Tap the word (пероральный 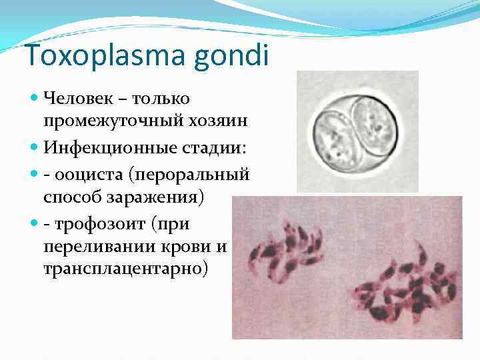point(191,175)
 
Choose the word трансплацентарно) point(127,269)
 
